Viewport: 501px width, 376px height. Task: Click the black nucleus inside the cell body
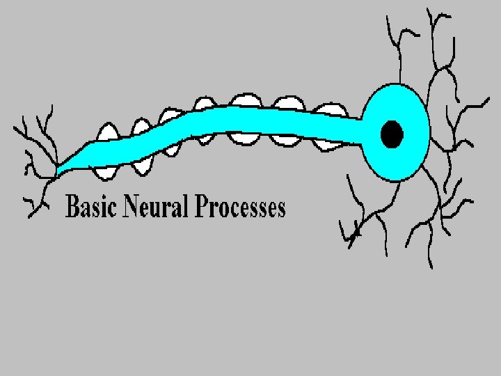[x=392, y=133]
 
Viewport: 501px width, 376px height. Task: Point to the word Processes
[x=241, y=207]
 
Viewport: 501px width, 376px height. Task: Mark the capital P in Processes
[x=202, y=207]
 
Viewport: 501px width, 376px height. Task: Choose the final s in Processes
[x=280, y=209]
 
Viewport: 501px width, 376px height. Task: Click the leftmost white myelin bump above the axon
[x=108, y=132]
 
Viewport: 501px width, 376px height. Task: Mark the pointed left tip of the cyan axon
[x=58, y=169]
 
